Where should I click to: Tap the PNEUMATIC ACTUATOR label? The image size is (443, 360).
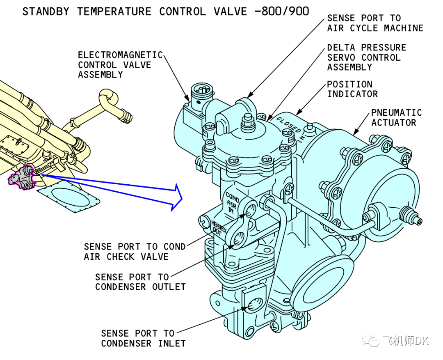tap(396, 117)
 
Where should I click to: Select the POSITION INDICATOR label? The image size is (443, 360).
tap(352, 89)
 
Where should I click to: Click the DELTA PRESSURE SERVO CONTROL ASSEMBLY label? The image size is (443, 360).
tap(366, 57)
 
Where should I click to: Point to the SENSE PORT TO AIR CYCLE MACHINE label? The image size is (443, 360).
tap(375, 23)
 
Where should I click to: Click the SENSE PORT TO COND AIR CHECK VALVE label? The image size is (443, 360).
tap(134, 252)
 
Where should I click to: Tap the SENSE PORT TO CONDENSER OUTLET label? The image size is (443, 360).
tap(140, 282)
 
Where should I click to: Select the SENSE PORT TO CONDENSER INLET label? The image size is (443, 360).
tap(143, 338)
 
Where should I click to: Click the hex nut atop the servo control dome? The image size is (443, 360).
tap(247, 121)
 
